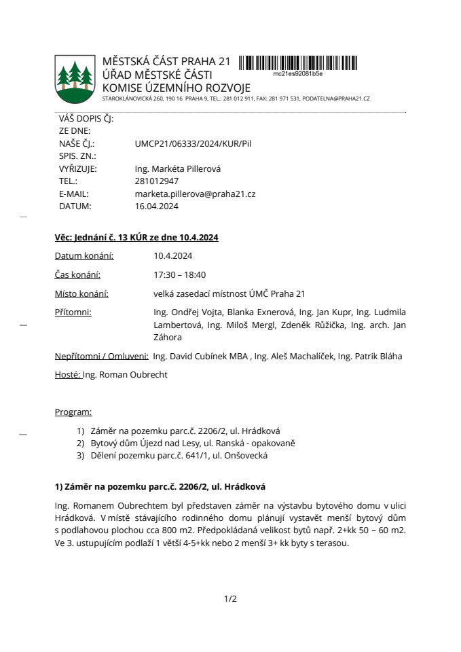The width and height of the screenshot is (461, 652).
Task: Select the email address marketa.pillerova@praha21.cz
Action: pos(195,194)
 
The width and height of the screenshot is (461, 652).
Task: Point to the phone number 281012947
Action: pos(157,181)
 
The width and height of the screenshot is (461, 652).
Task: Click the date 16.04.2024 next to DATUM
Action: pos(157,206)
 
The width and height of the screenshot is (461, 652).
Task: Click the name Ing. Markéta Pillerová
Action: pos(179,168)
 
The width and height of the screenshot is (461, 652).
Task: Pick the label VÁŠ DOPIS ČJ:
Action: pos(86,118)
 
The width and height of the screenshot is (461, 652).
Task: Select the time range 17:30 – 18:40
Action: pos(180,274)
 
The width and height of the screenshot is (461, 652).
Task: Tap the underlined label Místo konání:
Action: pos(81,293)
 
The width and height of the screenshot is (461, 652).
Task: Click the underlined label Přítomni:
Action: pos(73,312)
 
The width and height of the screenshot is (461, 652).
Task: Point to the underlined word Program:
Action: pos(73,412)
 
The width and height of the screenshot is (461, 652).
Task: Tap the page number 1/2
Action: pos(230,598)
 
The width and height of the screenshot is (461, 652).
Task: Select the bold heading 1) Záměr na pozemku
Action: pos(160,486)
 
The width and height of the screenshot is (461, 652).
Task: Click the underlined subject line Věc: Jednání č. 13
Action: pos(136,237)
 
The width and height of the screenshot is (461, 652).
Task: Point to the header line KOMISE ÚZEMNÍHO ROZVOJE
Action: pos(176,88)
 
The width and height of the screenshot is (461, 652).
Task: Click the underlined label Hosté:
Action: pos(68,374)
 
